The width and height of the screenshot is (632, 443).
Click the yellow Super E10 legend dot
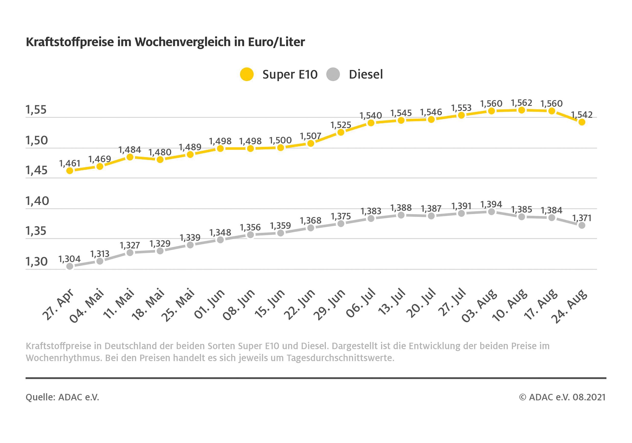click(247, 74)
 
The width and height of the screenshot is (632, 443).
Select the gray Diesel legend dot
click(333, 74)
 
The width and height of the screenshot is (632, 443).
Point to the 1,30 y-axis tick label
click(37, 262)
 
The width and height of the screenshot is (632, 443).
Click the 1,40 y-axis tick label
click(37, 201)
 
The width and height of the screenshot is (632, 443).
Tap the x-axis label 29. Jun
click(329, 305)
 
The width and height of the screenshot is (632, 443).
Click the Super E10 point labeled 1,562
click(522, 110)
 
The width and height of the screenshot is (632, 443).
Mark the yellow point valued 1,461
click(70, 171)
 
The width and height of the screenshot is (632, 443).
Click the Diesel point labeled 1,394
click(492, 212)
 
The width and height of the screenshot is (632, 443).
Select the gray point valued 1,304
click(70, 266)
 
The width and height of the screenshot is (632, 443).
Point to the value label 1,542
click(582, 115)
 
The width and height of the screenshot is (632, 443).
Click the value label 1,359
click(280, 226)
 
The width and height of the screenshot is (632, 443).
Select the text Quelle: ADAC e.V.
click(62, 397)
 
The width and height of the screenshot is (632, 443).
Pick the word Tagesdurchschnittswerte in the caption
click(340, 358)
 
